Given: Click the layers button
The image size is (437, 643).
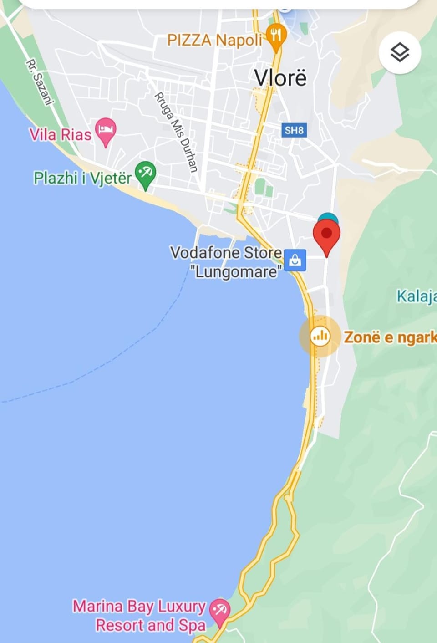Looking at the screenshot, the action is [400, 53].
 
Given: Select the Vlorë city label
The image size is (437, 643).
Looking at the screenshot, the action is [280, 78].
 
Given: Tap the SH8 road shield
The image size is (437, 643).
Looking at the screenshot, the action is [294, 131].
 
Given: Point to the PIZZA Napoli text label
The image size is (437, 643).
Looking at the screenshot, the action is [214, 41].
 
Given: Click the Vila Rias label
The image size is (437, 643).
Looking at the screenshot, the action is [61, 135].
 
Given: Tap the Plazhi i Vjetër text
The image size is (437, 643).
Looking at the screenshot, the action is [82, 178].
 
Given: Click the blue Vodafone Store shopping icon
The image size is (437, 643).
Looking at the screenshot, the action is [295, 260].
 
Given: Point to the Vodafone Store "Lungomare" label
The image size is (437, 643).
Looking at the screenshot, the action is [226, 262].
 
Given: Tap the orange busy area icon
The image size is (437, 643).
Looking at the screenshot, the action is [320, 336].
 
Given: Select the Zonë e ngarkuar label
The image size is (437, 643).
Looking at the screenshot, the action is [390, 337].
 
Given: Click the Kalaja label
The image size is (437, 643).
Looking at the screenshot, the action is [416, 296].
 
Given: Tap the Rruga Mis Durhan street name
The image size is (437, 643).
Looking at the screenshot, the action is [177, 132].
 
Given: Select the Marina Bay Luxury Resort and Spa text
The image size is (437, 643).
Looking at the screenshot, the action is [139, 616].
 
